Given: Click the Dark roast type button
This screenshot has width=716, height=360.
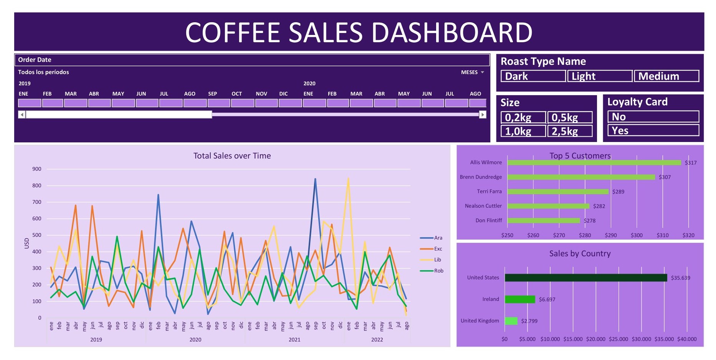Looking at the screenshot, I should pos(533,76).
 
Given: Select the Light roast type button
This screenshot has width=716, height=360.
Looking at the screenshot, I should pos(599,76).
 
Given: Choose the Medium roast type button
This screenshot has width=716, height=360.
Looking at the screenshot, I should pos(666,76).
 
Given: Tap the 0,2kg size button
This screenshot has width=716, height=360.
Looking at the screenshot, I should pos(523,117).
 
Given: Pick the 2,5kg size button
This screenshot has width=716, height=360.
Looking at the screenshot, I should pos(570,131).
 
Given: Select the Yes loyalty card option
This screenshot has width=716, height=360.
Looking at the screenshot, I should pos(653,130).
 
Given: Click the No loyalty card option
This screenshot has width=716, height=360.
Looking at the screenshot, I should pos(653,117).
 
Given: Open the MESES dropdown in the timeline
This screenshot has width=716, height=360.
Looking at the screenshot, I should pos(473,72).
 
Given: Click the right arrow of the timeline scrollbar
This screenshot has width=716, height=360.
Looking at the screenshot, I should pos(483,114).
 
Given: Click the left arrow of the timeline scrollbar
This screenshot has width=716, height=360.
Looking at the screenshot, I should pos(22,114).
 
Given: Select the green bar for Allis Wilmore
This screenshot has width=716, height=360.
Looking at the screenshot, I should pos(594,163).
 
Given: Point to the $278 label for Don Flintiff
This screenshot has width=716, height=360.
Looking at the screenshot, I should pos(589,221).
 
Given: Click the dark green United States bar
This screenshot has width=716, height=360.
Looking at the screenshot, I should pos(585,278).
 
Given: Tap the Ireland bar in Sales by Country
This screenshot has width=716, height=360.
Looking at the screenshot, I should pos(520,299).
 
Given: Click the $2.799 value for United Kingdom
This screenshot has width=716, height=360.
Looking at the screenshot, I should pos(529,321).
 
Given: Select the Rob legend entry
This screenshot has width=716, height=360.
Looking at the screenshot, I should pos(438,271).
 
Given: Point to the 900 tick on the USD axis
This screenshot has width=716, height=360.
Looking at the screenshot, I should pos(37,169).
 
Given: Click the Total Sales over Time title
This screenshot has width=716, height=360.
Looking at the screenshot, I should pos(232,156).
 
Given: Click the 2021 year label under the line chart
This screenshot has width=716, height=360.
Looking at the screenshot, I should pos(294,340).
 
